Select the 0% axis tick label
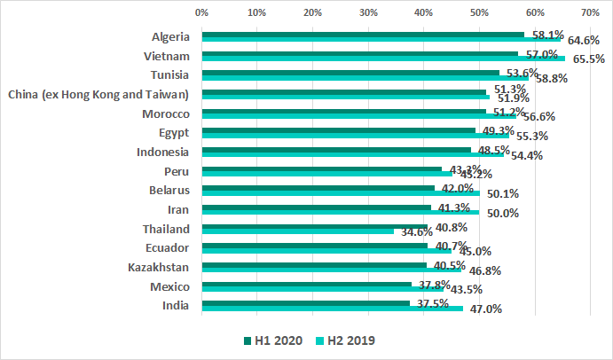[201, 13]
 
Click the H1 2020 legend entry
[274, 340]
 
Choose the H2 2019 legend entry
[349, 340]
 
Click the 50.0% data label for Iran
[503, 213]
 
